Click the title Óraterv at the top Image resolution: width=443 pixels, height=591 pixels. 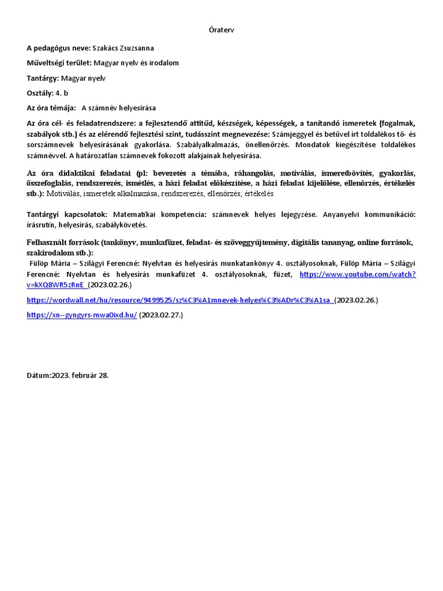[x=221, y=29]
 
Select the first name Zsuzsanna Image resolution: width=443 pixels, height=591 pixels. [x=138, y=48]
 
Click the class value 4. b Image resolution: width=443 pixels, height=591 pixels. [x=62, y=93]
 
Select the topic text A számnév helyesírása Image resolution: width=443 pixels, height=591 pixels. [x=119, y=108]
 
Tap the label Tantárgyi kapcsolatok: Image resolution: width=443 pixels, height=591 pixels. [x=69, y=214]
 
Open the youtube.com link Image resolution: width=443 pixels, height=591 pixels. [x=358, y=274]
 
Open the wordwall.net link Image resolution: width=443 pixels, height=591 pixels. [x=179, y=300]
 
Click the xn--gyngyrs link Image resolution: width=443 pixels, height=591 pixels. [x=82, y=315]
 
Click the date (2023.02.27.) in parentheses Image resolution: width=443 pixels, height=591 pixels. [x=162, y=315]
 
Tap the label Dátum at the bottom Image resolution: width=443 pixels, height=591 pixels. [x=38, y=375]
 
